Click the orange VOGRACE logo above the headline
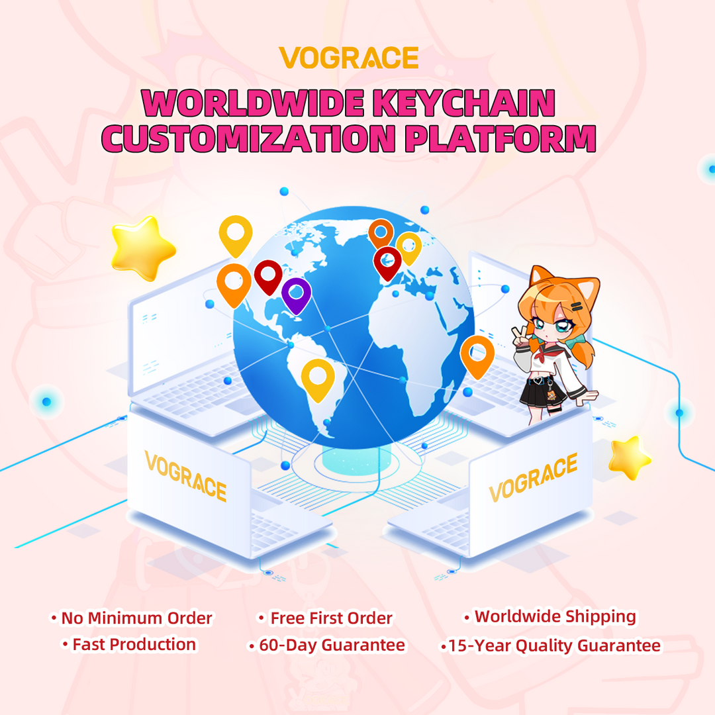(348, 58)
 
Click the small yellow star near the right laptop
(629, 457)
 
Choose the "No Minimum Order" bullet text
(136, 618)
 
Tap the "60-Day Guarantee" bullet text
(332, 644)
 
